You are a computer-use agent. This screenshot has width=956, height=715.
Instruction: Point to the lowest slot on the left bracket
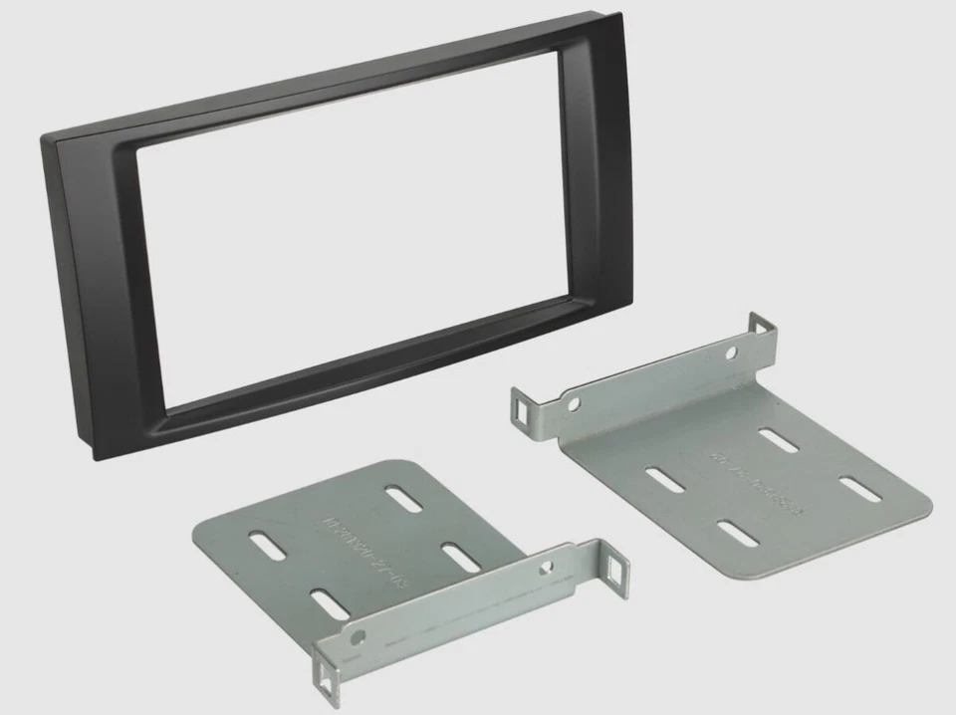(x=330, y=603)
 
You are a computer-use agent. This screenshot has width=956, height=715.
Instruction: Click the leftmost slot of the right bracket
(x=665, y=477)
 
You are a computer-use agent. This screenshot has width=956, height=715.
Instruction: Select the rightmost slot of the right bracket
(x=859, y=489)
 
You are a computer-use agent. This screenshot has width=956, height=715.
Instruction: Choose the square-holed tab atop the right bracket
(x=762, y=329)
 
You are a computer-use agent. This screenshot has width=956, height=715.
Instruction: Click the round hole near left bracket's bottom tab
(x=358, y=634)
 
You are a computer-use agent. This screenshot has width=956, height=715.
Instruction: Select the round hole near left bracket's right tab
(x=545, y=567)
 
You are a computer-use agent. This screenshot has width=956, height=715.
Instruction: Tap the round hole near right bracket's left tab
(x=573, y=404)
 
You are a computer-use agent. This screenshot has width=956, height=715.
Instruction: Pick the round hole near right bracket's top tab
(x=731, y=353)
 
